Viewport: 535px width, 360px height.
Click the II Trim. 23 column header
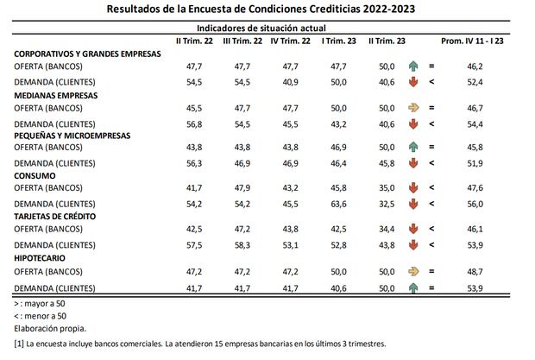pyautogui.click(x=386, y=41)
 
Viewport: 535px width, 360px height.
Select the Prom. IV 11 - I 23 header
pyautogui.click(x=471, y=41)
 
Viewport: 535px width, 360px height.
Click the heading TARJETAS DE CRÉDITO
pyautogui.click(x=55, y=216)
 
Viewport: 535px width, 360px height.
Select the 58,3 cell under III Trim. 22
pyautogui.click(x=242, y=243)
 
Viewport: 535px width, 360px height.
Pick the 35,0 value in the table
pyautogui.click(x=386, y=188)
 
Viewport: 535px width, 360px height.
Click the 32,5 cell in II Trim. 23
pyautogui.click(x=386, y=203)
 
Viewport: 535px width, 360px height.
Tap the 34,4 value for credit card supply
pyautogui.click(x=386, y=229)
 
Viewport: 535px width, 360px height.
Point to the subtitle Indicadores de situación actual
pyautogui.click(x=267, y=27)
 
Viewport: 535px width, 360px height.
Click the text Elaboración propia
pyautogui.click(x=49, y=329)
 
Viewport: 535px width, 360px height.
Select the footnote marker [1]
pyautogui.click(x=18, y=344)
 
